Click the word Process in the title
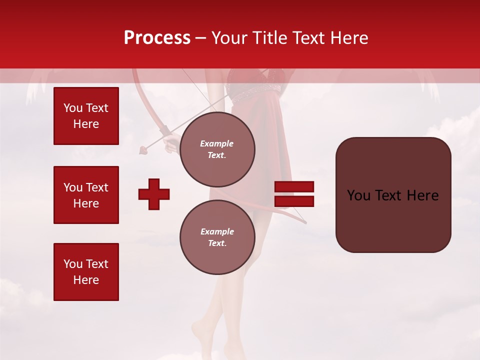click(x=157, y=38)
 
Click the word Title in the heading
click(x=268, y=38)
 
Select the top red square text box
click(x=86, y=116)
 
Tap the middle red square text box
click(x=86, y=195)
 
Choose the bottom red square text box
click(x=86, y=271)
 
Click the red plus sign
click(x=154, y=194)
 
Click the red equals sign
click(x=294, y=194)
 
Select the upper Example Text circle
click(x=217, y=149)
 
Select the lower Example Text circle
click(x=217, y=237)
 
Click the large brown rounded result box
click(x=393, y=195)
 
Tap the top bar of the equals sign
click(x=294, y=187)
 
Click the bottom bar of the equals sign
click(x=294, y=201)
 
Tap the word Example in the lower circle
click(x=217, y=231)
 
